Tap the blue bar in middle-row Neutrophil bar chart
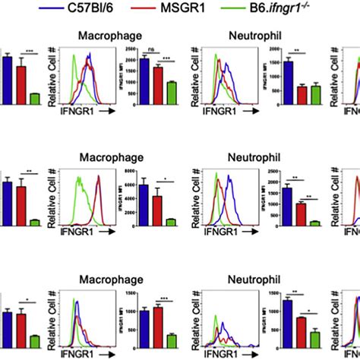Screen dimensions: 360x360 (x=275, y=206)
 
